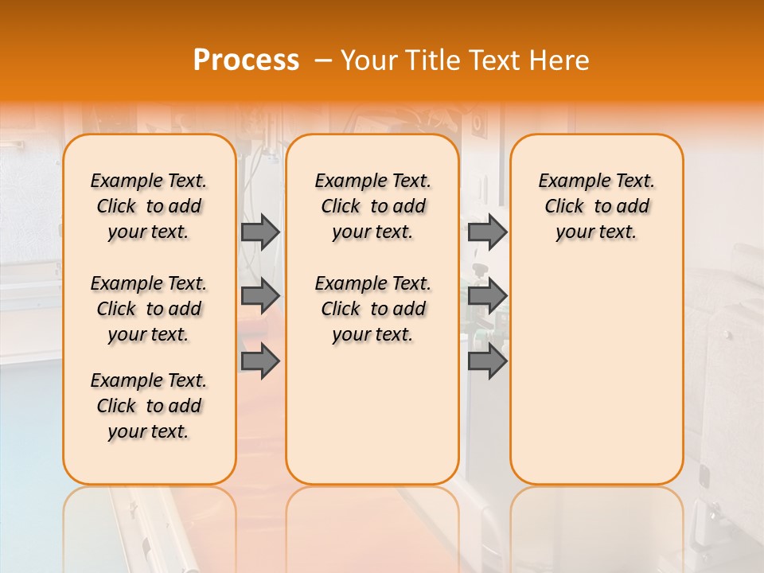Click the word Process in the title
click(246, 60)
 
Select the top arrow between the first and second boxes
click(260, 232)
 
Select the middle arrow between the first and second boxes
click(260, 296)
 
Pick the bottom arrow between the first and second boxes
click(260, 361)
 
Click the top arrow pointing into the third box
click(487, 232)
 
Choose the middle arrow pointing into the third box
click(487, 296)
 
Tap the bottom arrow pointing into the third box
click(487, 361)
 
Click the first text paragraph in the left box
click(149, 206)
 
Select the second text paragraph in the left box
click(149, 309)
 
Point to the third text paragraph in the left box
click(149, 406)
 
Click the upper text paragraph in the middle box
click(373, 206)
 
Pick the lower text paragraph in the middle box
click(373, 309)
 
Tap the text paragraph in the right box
click(597, 206)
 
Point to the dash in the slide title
click(323, 60)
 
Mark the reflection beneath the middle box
click(372, 525)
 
